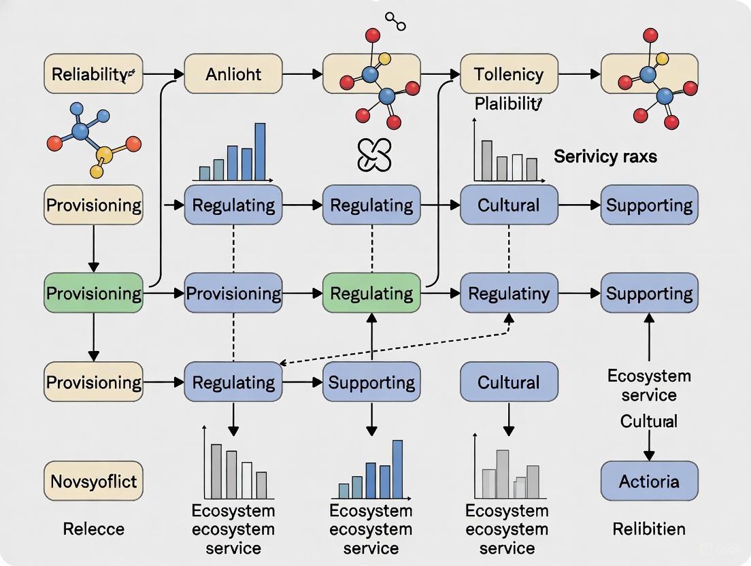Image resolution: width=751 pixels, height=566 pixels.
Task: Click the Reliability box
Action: click(93, 74)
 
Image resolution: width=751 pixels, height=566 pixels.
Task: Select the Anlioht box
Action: click(233, 74)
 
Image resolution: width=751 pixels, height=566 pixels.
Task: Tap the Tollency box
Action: click(509, 74)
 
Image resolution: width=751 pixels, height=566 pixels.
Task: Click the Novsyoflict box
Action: click(93, 482)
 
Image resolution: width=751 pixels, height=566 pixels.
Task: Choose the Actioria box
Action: click(649, 482)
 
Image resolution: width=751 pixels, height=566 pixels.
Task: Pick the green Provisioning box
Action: click(93, 293)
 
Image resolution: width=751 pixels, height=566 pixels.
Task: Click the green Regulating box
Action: click(371, 293)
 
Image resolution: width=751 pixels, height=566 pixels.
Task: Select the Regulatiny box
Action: click(509, 293)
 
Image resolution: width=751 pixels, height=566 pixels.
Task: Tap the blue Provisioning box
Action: click(233, 293)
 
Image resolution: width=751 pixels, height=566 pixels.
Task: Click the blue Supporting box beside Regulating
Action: click(371, 382)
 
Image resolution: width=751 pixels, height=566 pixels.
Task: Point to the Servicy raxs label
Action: click(605, 156)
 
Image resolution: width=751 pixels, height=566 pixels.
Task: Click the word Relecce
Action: click(93, 529)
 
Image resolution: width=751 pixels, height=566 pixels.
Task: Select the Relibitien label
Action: click(648, 529)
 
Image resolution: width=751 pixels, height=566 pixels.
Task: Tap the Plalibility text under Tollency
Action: click(507, 104)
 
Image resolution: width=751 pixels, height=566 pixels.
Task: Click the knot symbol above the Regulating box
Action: click(374, 155)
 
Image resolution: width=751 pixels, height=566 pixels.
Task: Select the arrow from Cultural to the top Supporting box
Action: click(579, 204)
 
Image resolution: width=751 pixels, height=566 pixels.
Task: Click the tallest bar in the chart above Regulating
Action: click(259, 151)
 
